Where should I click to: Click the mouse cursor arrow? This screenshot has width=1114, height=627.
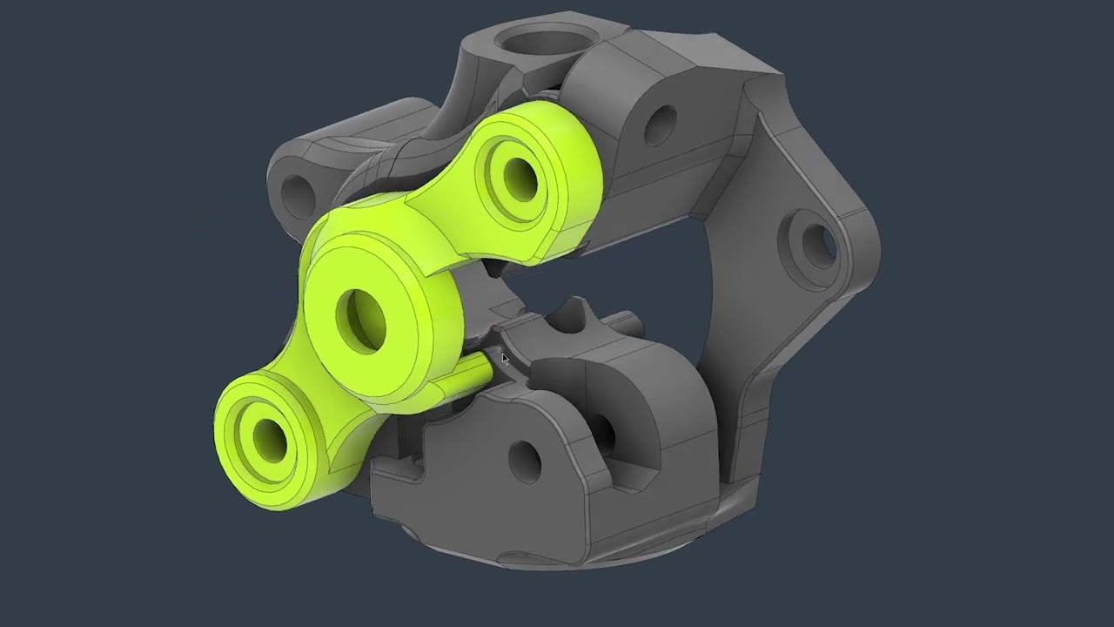[505, 359]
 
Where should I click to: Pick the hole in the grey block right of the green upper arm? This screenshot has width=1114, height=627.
[660, 125]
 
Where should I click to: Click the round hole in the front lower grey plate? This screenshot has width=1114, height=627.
[523, 460]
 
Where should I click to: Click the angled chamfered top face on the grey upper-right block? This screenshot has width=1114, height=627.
[696, 65]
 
